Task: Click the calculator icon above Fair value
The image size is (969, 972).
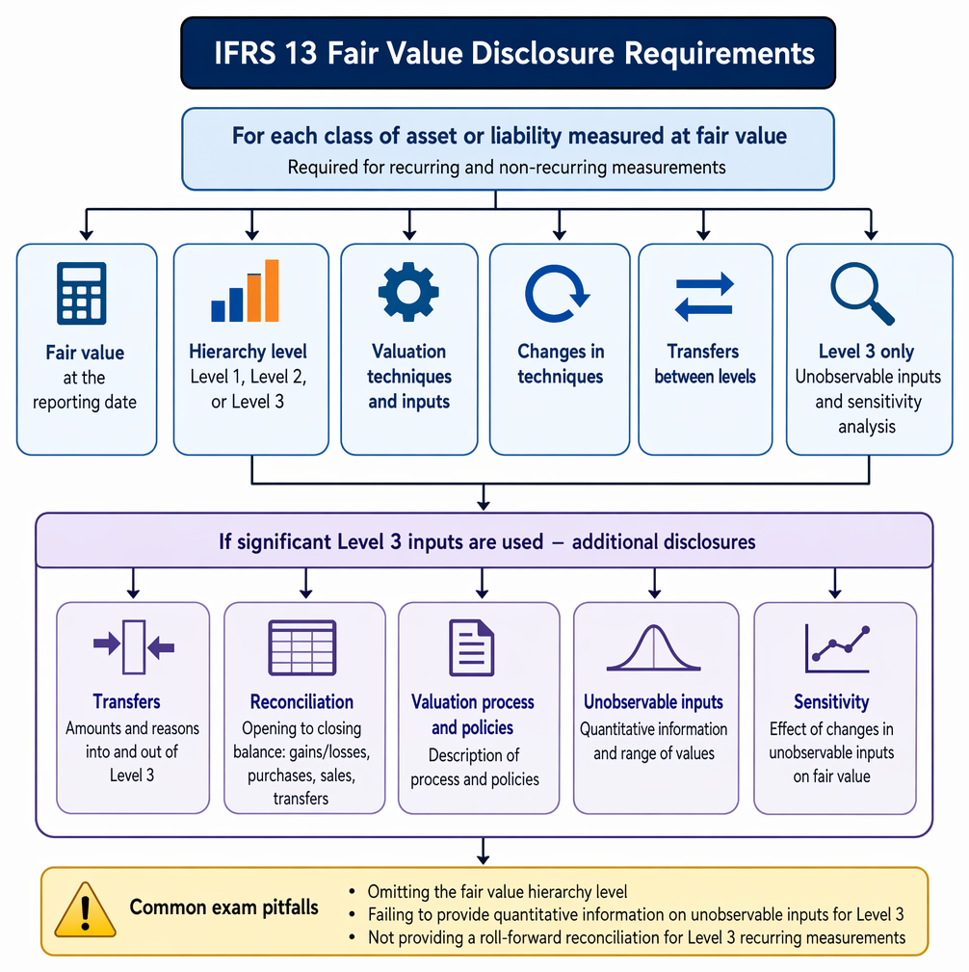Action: [81, 293]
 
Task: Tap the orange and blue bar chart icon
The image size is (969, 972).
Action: [245, 291]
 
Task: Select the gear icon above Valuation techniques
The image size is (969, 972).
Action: [408, 292]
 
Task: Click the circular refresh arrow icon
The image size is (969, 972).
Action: [557, 294]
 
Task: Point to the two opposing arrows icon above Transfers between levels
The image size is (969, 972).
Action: [704, 297]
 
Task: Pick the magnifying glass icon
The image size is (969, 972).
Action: [862, 294]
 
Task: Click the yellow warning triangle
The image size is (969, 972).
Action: [85, 909]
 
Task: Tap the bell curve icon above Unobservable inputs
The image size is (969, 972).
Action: [653, 647]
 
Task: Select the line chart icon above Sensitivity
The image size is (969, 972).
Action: [837, 648]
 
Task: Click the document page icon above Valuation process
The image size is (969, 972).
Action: [472, 647]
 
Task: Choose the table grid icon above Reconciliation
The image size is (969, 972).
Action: [301, 647]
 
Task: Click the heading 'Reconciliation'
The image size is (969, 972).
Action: [301, 701]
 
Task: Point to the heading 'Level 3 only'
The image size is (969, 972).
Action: [866, 352]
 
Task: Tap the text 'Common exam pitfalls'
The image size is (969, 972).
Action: [223, 907]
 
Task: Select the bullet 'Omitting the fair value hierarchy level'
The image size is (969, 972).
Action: [497, 892]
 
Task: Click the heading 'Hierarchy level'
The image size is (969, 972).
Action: [248, 352]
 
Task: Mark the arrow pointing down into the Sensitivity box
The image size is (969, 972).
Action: [835, 584]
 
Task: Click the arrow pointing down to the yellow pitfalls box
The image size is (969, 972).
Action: [484, 852]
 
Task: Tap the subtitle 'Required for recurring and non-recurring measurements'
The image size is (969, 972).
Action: [507, 168]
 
